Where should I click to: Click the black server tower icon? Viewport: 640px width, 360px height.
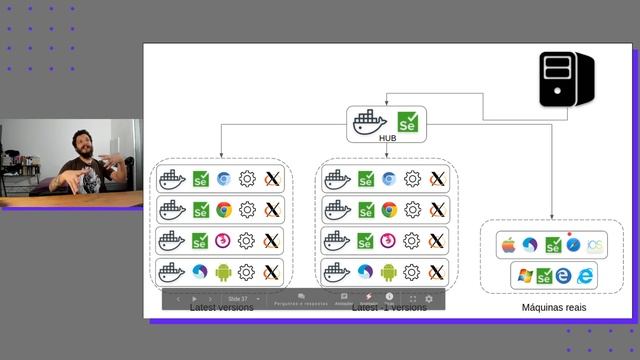pyautogui.click(x=566, y=80)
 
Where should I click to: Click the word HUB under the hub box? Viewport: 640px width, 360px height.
pyautogui.click(x=388, y=139)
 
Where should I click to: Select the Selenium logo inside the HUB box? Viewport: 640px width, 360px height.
pyautogui.click(x=408, y=122)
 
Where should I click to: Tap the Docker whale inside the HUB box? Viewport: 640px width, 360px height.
pyautogui.click(x=368, y=122)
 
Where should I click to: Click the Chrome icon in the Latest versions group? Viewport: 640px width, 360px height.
pyautogui.click(x=224, y=210)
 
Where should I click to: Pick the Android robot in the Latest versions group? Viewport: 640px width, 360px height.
pyautogui.click(x=224, y=271)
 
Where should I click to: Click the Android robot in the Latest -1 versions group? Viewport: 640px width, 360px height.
pyautogui.click(x=389, y=271)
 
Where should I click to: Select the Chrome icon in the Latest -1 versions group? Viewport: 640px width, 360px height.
pyautogui.click(x=389, y=210)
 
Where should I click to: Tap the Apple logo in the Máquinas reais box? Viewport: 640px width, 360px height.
pyautogui.click(x=507, y=245)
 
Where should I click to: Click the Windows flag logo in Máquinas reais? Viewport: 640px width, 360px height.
pyautogui.click(x=522, y=274)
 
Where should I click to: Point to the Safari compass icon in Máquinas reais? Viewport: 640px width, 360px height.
pyautogui.click(x=573, y=245)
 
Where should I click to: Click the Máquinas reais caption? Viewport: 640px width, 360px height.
pyautogui.click(x=553, y=308)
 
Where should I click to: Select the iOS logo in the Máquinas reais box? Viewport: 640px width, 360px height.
pyautogui.click(x=595, y=245)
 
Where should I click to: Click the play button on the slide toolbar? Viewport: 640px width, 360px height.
pyautogui.click(x=194, y=299)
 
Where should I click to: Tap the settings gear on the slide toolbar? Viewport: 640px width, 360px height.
pyautogui.click(x=429, y=299)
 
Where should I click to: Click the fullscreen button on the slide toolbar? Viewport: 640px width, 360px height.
pyautogui.click(x=412, y=299)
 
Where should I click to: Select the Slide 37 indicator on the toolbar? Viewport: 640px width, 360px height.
pyautogui.click(x=238, y=299)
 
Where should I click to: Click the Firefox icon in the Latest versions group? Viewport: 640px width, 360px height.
pyautogui.click(x=224, y=241)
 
